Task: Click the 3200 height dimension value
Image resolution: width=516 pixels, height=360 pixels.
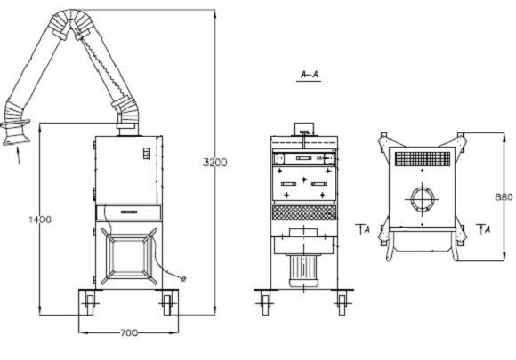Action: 215,162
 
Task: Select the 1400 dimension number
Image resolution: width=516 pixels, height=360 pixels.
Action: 40,220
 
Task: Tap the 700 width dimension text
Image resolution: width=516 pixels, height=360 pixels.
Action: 128,332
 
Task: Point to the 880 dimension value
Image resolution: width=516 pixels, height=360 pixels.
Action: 504,197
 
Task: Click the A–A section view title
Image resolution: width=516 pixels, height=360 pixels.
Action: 310,75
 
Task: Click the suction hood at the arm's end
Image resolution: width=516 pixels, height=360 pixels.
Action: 15,132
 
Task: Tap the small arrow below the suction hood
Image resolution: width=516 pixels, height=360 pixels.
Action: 18,156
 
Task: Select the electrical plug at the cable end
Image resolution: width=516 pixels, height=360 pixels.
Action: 183,279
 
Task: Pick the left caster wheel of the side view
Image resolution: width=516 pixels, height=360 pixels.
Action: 89,304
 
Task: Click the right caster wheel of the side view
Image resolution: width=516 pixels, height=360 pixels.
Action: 167,304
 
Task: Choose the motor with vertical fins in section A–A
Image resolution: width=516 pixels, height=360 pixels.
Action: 303,270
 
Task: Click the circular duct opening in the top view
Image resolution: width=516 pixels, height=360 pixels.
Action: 423,198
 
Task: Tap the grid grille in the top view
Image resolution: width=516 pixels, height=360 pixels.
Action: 423,159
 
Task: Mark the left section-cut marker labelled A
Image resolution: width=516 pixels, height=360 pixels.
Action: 363,228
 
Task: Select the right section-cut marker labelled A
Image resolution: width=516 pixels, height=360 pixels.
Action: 484,228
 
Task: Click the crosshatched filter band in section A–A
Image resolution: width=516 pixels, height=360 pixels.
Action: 304,213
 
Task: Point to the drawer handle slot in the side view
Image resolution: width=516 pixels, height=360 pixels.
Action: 129,212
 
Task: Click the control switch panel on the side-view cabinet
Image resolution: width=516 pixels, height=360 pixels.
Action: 146,154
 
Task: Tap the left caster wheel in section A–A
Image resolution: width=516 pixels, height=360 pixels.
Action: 265,304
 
